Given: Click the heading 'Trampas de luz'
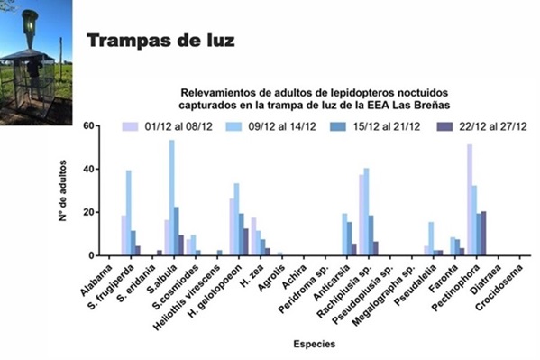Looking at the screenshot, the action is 160,41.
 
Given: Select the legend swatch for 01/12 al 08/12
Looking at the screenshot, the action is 130,126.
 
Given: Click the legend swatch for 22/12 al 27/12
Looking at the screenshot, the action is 444,126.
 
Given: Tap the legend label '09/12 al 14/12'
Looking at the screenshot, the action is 282,126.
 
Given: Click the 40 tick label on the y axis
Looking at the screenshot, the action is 88,169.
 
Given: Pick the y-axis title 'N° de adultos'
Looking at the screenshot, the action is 62,190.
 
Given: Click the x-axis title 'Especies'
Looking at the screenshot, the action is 314,344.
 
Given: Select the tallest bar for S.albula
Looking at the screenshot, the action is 172,198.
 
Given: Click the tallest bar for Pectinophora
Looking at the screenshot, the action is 470,200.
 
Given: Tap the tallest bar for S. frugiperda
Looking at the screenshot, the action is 128,213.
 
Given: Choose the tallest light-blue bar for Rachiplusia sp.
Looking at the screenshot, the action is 366,212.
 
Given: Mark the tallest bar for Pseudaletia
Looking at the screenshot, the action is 431,239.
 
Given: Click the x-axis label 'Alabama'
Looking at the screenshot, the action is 96,280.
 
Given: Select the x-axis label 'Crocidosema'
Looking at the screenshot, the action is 499,287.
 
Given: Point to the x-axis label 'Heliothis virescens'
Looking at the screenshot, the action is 187,298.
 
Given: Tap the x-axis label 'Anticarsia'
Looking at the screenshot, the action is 332,282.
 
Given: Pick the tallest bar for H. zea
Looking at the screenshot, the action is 253,237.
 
